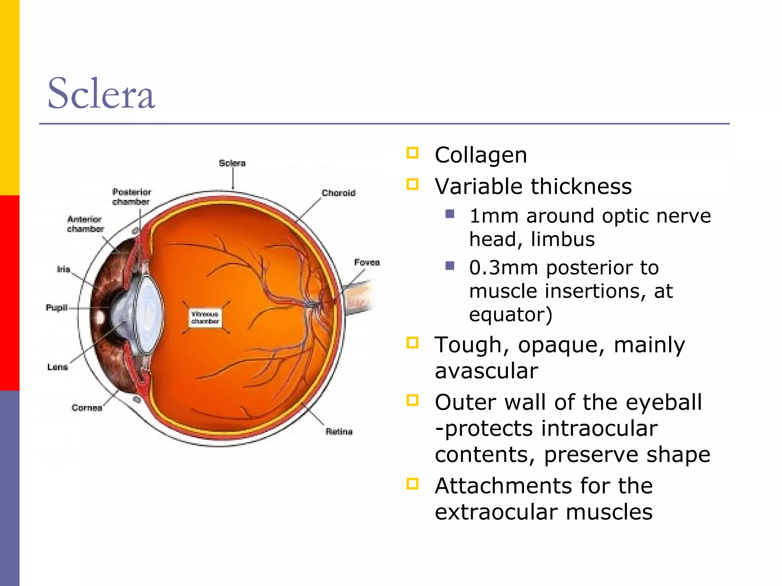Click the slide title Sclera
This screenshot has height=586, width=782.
101,93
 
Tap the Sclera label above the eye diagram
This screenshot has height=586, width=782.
232,163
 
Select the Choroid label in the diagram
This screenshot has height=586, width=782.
339,193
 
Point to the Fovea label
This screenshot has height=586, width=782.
367,262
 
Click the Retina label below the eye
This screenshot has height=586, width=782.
339,431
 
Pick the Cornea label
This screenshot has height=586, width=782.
87,408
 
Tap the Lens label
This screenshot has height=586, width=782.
58,367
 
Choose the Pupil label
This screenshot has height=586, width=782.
57,307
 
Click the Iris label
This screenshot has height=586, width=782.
63,269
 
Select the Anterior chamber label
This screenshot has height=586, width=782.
85,224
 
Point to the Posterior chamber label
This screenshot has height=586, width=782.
132,196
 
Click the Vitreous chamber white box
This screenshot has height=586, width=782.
205,318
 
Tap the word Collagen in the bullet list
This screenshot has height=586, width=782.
481,155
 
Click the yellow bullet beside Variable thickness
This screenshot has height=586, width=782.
412,185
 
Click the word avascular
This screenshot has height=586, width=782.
486,371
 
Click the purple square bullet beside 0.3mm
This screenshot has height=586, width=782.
450,266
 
